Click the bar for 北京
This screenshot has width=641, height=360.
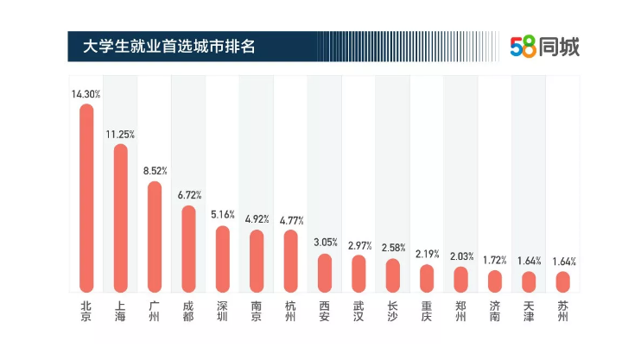click(x=86, y=199)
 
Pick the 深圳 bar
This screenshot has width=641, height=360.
click(x=223, y=259)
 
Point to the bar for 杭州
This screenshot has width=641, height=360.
click(x=290, y=261)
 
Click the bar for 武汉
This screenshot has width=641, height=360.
click(x=359, y=273)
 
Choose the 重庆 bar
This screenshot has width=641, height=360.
click(x=427, y=277)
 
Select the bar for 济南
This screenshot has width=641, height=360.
click(x=494, y=281)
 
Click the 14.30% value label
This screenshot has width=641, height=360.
click(x=86, y=93)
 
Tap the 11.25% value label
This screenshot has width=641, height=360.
click(x=120, y=134)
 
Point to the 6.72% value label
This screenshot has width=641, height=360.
click(x=188, y=195)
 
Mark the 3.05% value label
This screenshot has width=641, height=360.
click(x=325, y=243)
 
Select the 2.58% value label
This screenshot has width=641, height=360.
click(x=393, y=248)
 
